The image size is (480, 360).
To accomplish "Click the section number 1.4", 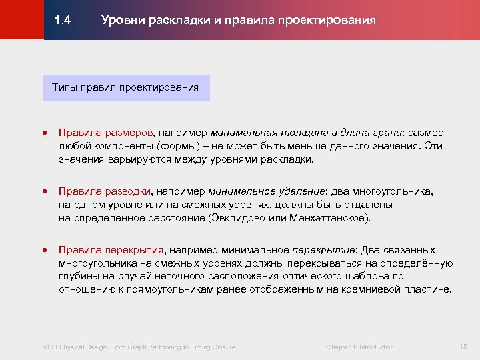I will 63,20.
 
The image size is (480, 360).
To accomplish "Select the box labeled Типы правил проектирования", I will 126,87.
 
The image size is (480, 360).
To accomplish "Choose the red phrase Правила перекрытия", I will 111,250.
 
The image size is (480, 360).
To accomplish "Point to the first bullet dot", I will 45,133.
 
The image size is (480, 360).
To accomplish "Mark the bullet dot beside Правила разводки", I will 45,192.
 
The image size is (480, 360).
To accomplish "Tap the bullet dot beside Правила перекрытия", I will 45,251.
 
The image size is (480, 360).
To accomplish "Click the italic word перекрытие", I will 323,250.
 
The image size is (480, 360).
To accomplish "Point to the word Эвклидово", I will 237,218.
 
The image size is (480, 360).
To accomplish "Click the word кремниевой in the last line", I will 371,290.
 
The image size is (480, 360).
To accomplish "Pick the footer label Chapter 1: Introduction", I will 359,347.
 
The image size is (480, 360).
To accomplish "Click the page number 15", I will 464,346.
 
